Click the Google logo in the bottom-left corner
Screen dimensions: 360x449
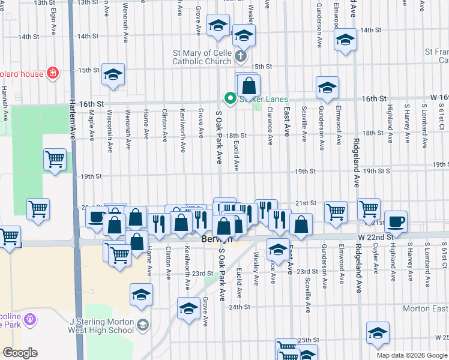pos(20,353)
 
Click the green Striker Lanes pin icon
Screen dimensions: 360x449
pos(229,98)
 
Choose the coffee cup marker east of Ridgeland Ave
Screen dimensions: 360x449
pos(396,221)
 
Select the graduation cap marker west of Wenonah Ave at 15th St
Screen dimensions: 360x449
pos(113,75)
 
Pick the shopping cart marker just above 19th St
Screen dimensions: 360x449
pos(55,160)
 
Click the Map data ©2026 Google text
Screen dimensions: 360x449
pos(411,355)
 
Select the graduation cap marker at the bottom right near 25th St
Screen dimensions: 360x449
pos(378,333)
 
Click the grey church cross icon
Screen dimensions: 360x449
pos(241,56)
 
